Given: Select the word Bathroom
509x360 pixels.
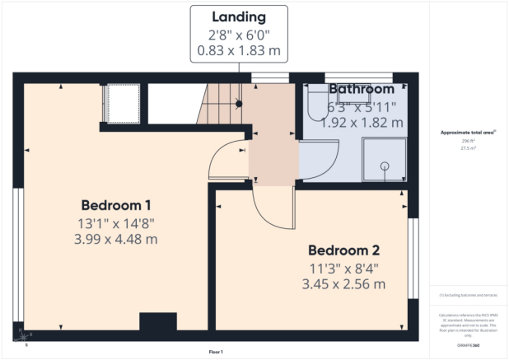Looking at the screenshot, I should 362,89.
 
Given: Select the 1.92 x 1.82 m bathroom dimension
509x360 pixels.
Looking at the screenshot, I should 363,122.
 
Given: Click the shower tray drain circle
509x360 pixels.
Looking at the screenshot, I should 384,166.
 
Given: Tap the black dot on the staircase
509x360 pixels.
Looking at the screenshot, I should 239,104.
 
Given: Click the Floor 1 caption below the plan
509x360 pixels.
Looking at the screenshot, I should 216,352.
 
